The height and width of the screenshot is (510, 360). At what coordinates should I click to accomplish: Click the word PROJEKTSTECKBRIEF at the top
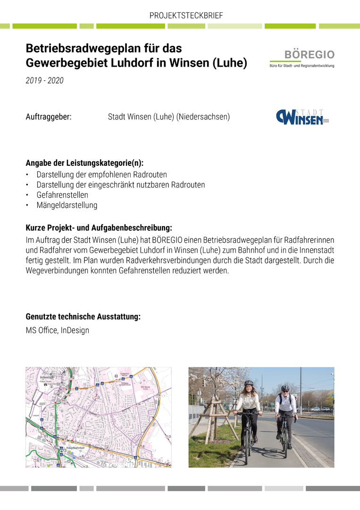point(186,16)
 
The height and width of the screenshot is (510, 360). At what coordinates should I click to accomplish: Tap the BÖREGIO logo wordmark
point(309,55)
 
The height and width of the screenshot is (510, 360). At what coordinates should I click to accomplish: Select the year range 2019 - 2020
point(44,81)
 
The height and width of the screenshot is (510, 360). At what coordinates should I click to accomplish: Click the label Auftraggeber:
point(49,117)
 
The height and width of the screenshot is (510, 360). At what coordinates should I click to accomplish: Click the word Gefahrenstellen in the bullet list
point(62,195)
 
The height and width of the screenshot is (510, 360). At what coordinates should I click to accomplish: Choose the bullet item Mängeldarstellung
point(67,205)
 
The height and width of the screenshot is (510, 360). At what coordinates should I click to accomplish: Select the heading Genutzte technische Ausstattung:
point(83,317)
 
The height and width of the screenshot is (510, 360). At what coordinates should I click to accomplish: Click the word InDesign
point(75,331)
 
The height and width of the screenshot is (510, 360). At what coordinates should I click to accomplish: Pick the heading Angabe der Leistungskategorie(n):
point(84,163)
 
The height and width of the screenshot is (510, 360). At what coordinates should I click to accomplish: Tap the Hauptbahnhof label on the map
point(75,448)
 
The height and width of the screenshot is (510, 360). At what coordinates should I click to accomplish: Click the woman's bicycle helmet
point(249,382)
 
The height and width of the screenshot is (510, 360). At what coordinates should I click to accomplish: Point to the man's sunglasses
point(285,390)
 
